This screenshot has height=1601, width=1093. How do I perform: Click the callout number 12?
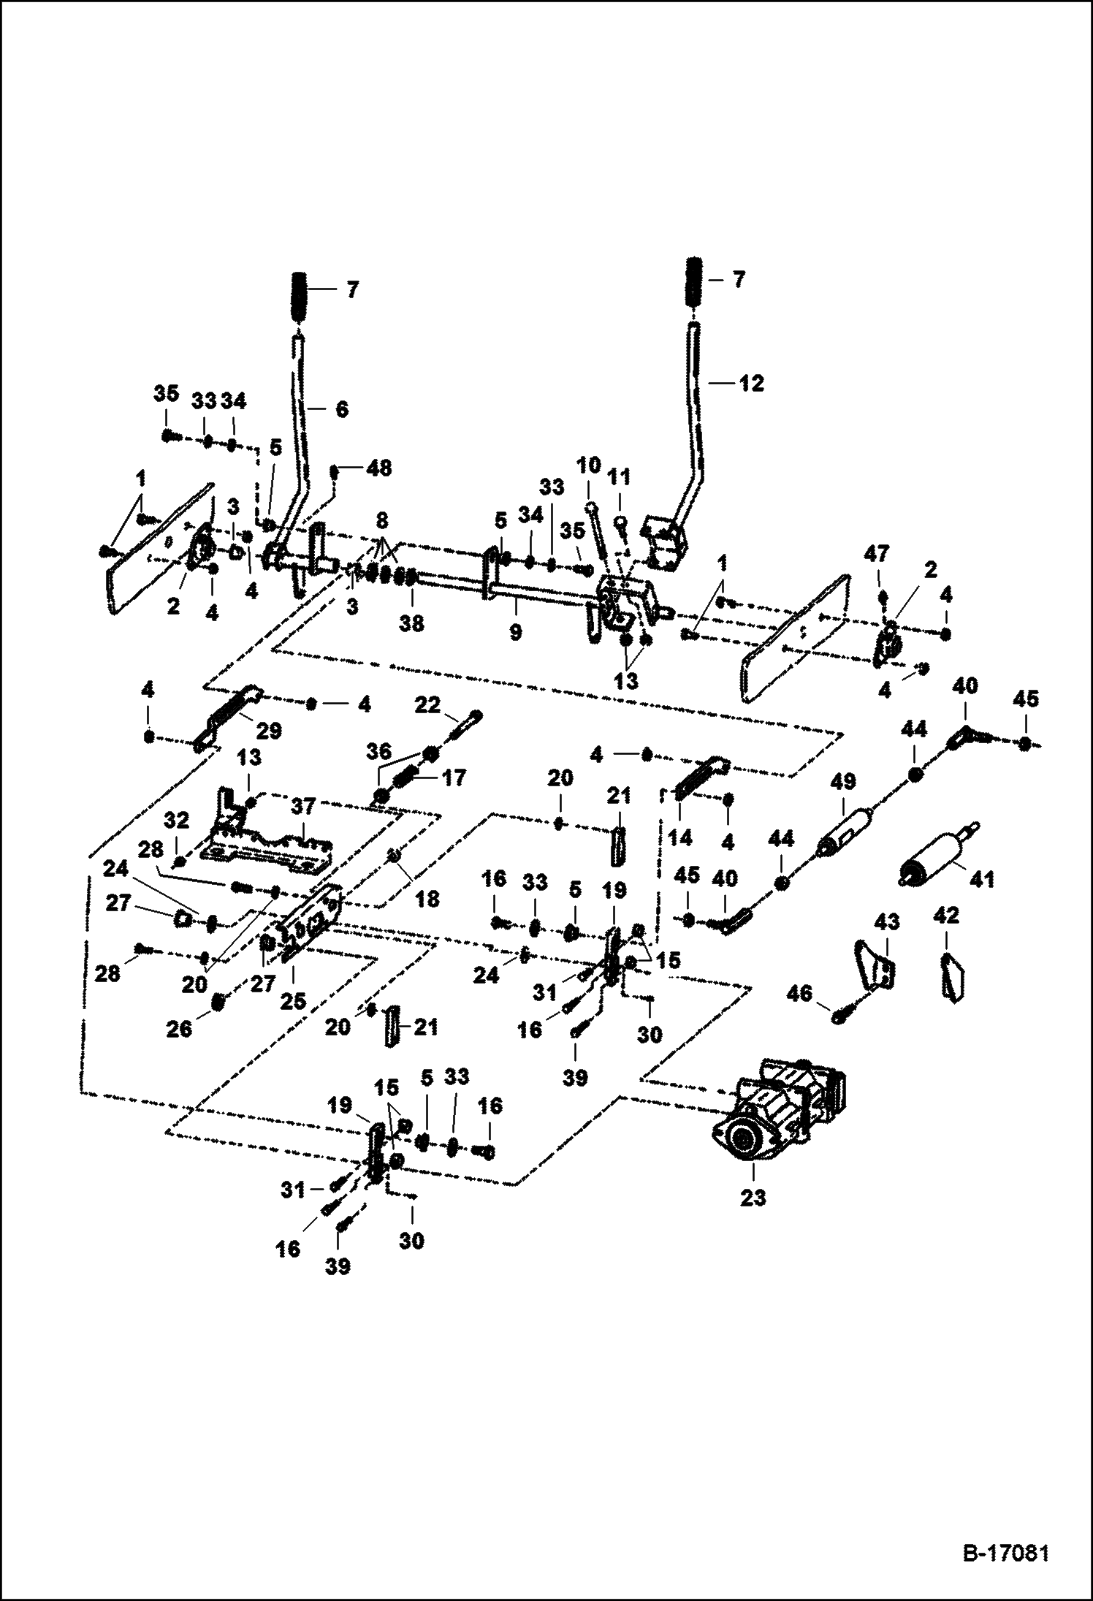click(x=752, y=384)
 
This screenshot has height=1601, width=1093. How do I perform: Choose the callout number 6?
click(x=341, y=409)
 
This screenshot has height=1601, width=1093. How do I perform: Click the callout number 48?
click(x=379, y=468)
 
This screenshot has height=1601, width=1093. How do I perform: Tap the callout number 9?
click(x=516, y=631)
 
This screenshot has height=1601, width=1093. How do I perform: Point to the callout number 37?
click(x=303, y=807)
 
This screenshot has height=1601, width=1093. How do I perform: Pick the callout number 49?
click(x=843, y=783)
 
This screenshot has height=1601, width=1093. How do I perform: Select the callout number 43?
click(x=887, y=923)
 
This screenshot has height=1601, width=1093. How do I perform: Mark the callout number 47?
click(x=877, y=555)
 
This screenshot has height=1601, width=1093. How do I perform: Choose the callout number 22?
click(x=428, y=705)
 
